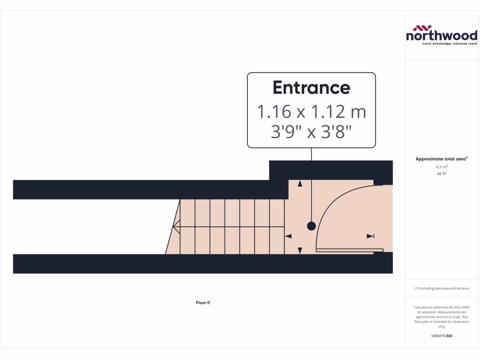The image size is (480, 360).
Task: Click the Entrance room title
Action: tap(311, 88)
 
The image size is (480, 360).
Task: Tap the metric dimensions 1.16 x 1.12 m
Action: tap(311, 112)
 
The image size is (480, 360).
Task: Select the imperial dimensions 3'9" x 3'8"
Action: tap(311, 132)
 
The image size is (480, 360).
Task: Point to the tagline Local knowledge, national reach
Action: tap(450, 44)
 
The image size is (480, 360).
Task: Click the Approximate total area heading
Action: tap(442, 158)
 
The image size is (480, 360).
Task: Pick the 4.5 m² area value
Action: tap(442, 167)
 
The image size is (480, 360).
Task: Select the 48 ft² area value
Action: tap(442, 173)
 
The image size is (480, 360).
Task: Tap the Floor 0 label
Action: tap(203, 302)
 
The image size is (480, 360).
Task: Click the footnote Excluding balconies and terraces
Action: tap(442, 288)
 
